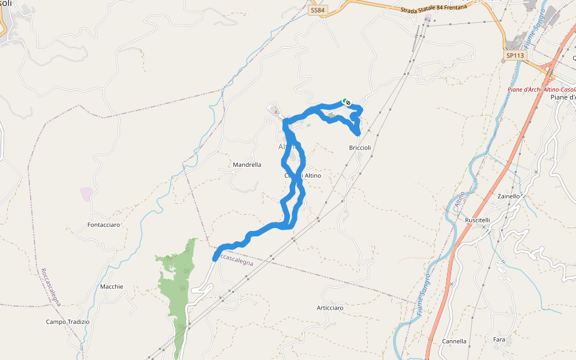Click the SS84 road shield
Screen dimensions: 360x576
[x=317, y=11]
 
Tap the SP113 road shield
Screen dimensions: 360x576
[x=515, y=55]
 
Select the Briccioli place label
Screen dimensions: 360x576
[x=360, y=148]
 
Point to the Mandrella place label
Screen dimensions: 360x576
[x=247, y=164]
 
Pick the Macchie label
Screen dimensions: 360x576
[x=112, y=286]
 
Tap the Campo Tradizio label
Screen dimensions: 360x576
[x=68, y=322]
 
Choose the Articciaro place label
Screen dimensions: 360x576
[x=330, y=307]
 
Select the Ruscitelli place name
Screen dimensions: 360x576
[x=478, y=220]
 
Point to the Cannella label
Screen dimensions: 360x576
[x=454, y=341]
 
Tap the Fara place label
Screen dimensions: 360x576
[x=499, y=340]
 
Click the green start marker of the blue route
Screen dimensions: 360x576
[x=344, y=101]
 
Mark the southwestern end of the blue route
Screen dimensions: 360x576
[x=215, y=259]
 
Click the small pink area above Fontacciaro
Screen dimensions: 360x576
[x=86, y=194]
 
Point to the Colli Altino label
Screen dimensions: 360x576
[x=303, y=176]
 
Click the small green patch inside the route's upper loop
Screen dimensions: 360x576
[x=331, y=115]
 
